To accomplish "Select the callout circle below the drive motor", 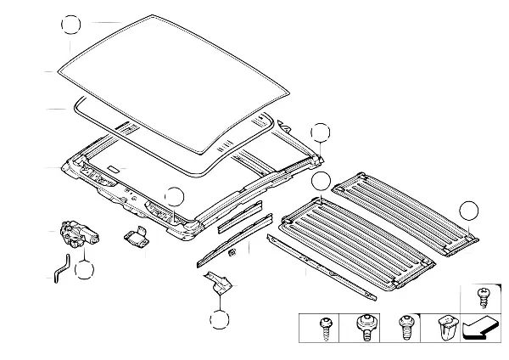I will [x=83, y=270].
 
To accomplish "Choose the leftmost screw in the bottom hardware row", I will [x=324, y=328].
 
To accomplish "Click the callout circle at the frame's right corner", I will [x=320, y=132].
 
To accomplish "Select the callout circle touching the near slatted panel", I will [x=320, y=181].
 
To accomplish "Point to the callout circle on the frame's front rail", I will [x=174, y=197].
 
